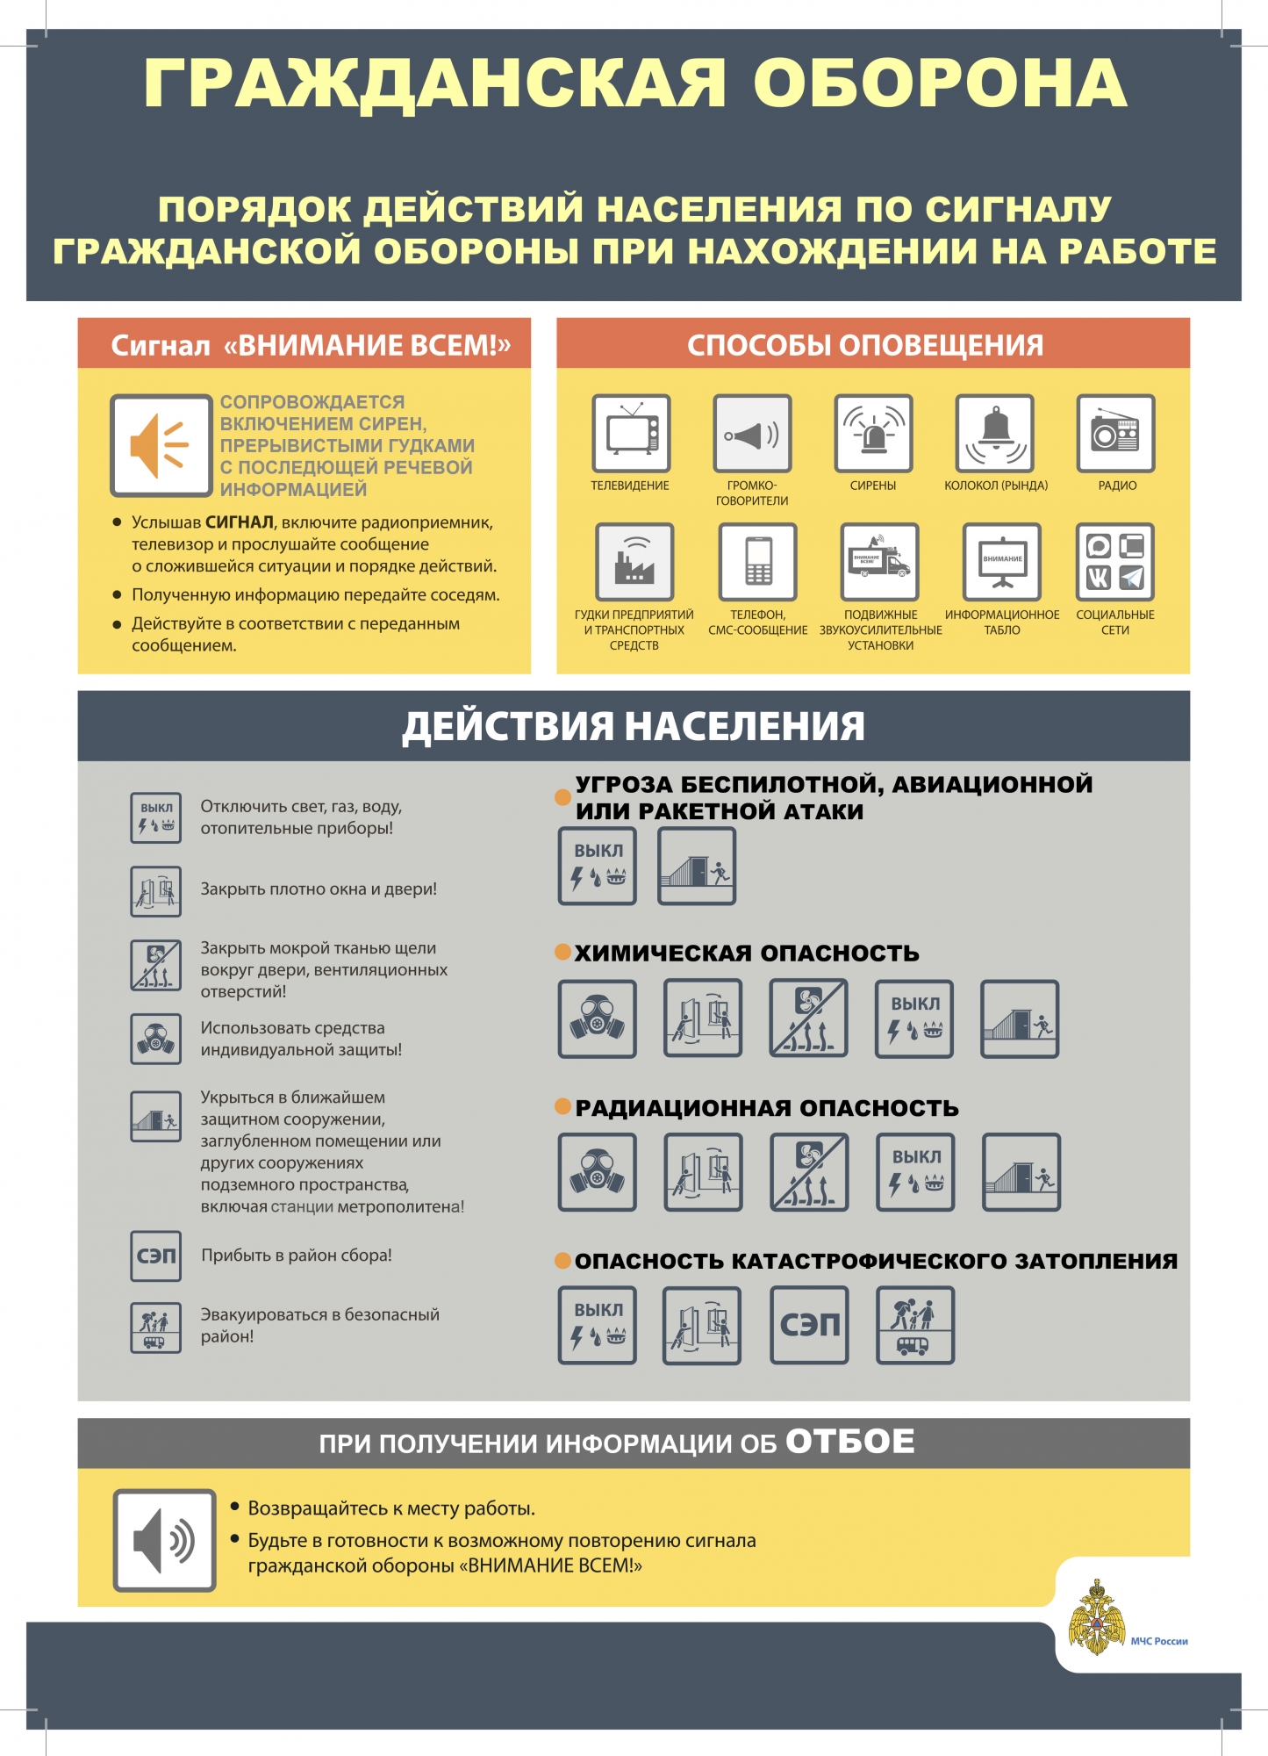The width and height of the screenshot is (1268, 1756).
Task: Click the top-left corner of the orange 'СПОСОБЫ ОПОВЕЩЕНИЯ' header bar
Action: click(x=557, y=318)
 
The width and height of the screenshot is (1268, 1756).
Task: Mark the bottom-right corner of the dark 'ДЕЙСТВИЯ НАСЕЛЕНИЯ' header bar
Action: click(x=1190, y=760)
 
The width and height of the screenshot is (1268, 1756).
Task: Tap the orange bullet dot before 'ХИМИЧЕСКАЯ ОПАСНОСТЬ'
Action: click(x=563, y=953)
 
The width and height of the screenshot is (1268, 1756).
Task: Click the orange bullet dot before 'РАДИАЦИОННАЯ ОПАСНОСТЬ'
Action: click(x=563, y=1106)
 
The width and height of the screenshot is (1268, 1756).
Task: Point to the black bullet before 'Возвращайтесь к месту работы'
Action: click(x=235, y=1507)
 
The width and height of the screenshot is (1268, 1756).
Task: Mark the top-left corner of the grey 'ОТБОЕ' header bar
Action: click(x=78, y=1418)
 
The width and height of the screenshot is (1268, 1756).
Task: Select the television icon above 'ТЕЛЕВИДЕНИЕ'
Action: click(x=631, y=434)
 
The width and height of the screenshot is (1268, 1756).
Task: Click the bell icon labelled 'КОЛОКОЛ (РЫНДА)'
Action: click(x=995, y=434)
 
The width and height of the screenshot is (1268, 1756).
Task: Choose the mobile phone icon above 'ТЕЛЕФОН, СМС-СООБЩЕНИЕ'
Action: click(x=757, y=562)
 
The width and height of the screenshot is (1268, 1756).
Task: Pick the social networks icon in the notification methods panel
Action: click(x=1115, y=562)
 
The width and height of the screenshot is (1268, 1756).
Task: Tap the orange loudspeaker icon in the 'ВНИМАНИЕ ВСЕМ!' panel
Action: click(x=161, y=446)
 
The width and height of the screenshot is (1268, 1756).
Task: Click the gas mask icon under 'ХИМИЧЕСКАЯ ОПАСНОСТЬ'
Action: click(x=598, y=1018)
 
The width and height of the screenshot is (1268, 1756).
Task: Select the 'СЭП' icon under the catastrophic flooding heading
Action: click(x=809, y=1326)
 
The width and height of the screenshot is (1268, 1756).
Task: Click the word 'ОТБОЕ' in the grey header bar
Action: click(x=850, y=1441)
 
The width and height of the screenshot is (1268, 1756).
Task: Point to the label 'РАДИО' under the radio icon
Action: click(x=1117, y=486)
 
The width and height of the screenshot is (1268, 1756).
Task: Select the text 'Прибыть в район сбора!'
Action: click(x=297, y=1256)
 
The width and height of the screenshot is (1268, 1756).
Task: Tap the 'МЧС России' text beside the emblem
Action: click(x=1159, y=1641)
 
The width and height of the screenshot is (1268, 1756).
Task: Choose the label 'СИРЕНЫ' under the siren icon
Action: click(x=873, y=486)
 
